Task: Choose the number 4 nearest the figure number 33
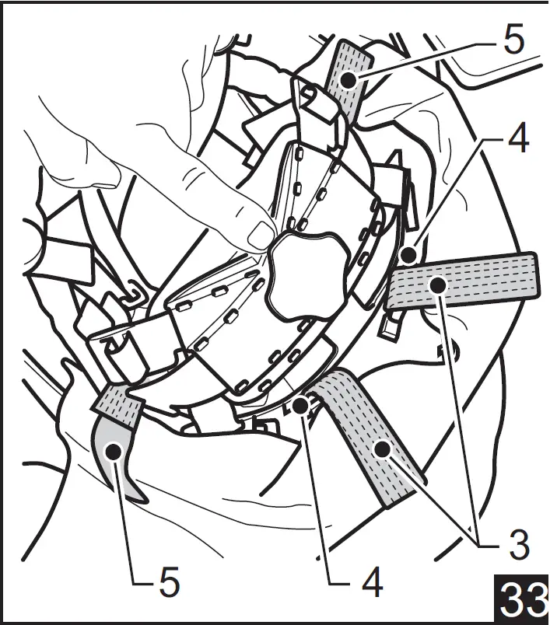click(373, 581)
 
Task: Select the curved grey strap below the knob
click(373, 435)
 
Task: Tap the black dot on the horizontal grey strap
click(439, 285)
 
